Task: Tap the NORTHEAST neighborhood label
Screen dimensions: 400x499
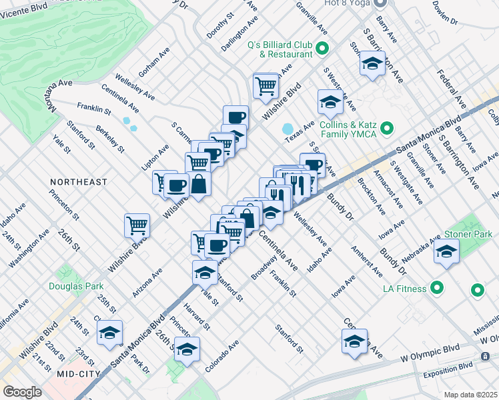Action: tap(79, 182)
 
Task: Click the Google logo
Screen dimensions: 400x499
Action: tap(22, 392)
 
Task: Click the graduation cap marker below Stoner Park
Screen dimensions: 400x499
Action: tap(446, 252)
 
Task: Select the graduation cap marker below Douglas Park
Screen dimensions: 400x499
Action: tap(109, 333)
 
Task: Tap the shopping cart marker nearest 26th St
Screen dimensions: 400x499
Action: tap(137, 226)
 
